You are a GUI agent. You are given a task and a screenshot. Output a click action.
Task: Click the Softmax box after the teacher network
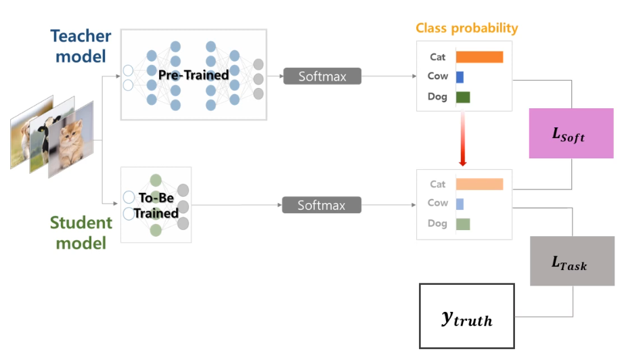pos(321,76)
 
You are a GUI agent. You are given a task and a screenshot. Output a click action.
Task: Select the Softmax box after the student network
pos(321,205)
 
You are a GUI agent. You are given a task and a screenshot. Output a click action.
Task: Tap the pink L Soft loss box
pos(571,133)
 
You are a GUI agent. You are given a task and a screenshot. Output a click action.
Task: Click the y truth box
pos(466,316)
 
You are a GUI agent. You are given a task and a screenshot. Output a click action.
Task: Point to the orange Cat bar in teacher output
pos(479,57)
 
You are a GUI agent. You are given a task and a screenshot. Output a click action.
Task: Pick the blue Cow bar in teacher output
pos(460,76)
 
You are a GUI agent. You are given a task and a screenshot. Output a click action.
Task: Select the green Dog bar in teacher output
pos(463,97)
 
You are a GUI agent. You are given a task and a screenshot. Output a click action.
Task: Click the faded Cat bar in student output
pos(479,184)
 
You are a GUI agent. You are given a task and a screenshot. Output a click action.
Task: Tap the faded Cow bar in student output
pos(460,204)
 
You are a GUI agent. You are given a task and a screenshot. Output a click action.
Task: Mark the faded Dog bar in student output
pos(463,224)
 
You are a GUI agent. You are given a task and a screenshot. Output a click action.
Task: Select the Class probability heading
pos(467,28)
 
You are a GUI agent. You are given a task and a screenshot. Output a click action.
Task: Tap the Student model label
pos(81,233)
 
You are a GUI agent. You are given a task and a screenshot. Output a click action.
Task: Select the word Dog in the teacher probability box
pos(437,97)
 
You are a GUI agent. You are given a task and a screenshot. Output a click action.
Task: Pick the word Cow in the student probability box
pos(437,203)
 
